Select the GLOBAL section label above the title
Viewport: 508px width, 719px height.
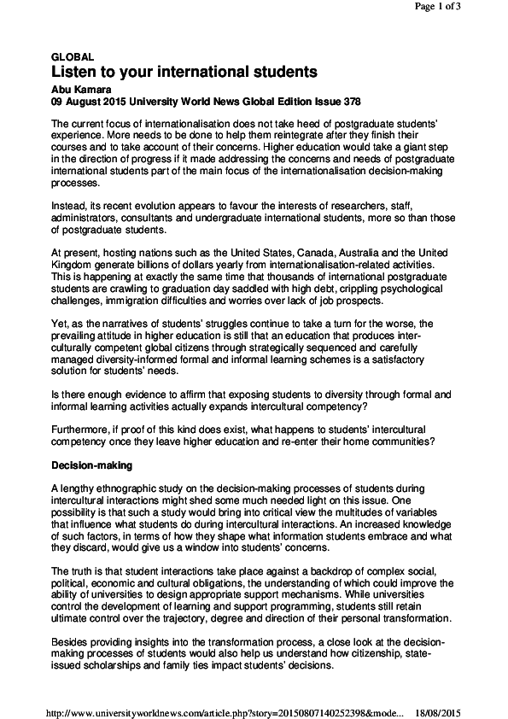click(73, 56)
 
